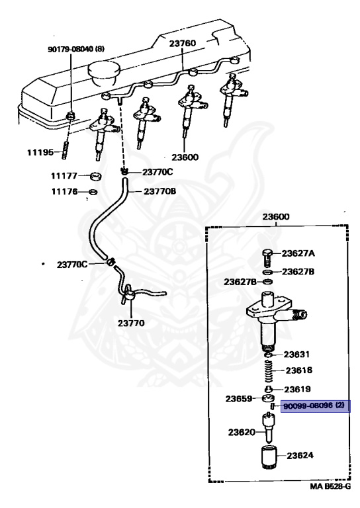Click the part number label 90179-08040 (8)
tap(75, 49)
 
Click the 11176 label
tap(64, 192)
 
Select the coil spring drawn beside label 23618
tap(269, 372)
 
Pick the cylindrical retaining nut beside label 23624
tap(269, 457)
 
